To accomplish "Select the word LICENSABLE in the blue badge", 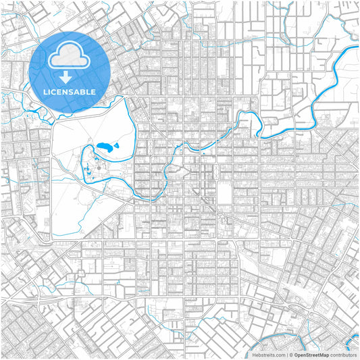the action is click(70, 91).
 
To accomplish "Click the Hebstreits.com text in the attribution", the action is click(268, 354).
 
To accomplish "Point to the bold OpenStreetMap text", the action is click(311, 354).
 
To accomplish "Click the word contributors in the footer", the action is click(343, 354).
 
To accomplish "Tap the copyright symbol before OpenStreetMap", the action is click(291, 354).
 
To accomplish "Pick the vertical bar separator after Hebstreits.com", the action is click(286, 354).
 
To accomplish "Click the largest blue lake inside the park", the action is click(104, 147).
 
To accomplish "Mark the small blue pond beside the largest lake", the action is click(116, 145).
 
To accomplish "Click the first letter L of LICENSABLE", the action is click(45, 91).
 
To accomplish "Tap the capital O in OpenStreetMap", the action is click(296, 354).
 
